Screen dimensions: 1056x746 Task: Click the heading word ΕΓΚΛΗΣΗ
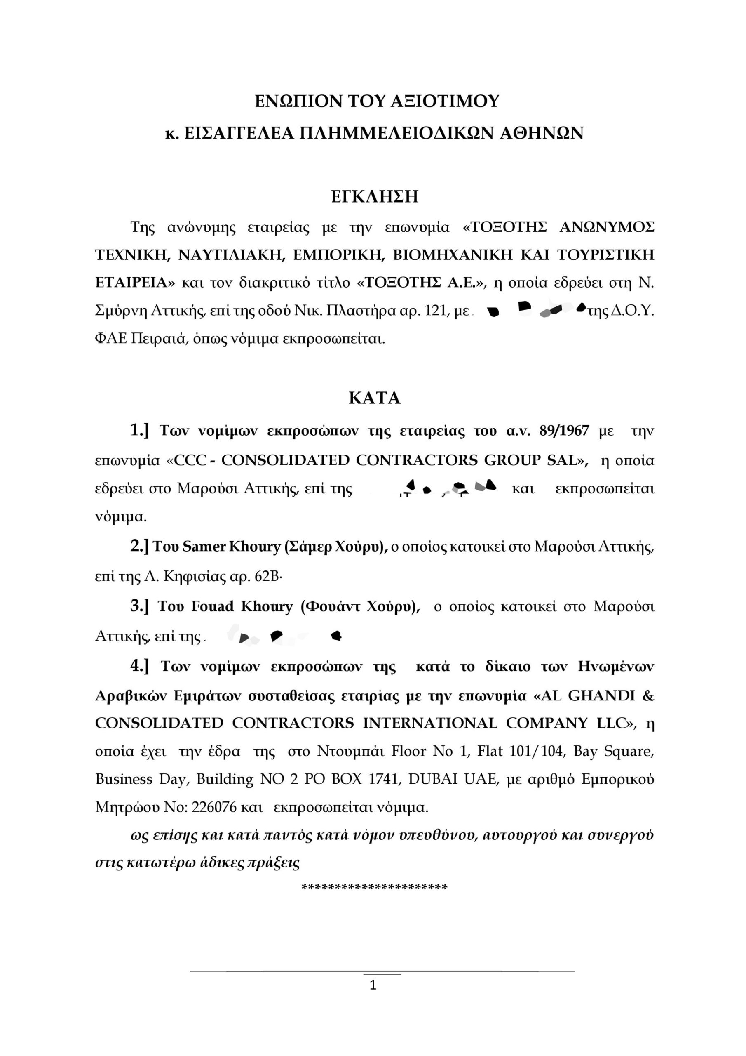[x=375, y=197]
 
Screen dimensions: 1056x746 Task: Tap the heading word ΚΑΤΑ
[x=375, y=398]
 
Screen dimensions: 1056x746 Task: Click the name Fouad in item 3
[x=212, y=607]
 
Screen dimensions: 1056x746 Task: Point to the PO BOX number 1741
[x=384, y=780]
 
